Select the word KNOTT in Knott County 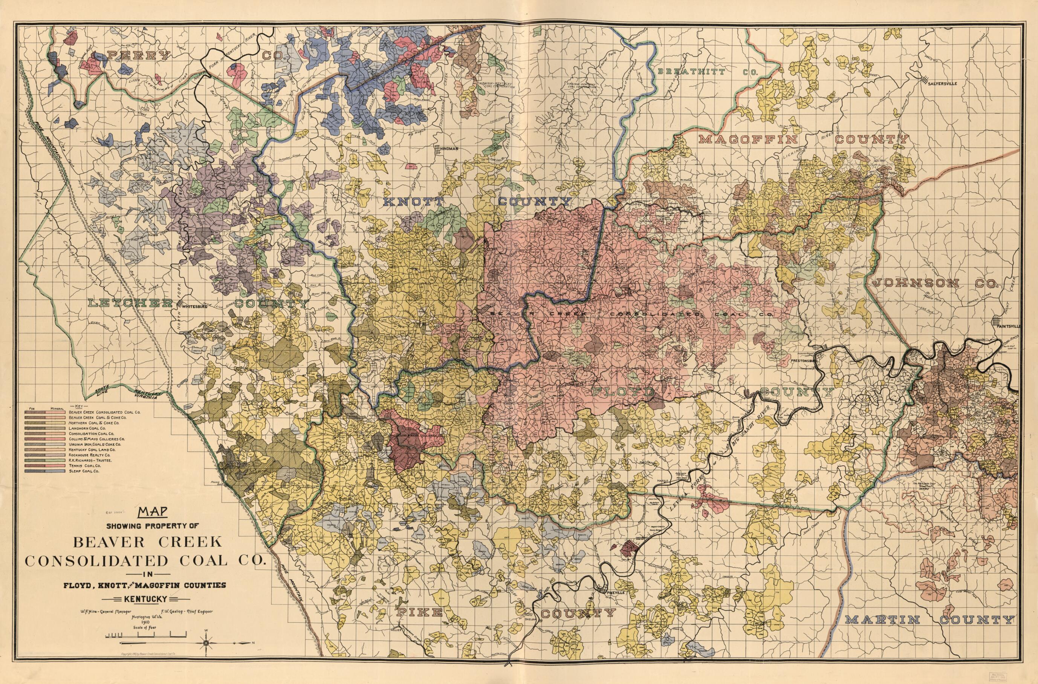point(413,202)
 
